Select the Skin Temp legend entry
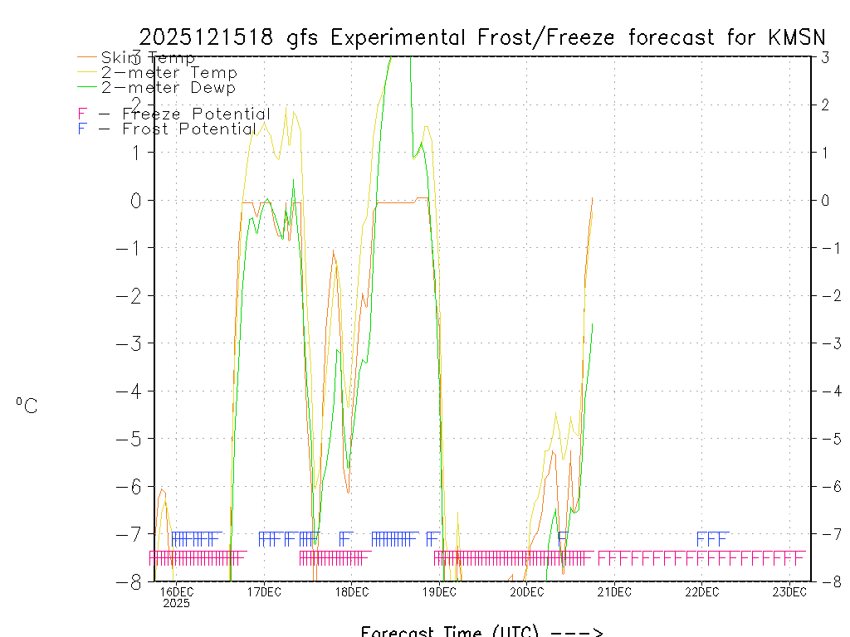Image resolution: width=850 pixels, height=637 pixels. click(x=148, y=58)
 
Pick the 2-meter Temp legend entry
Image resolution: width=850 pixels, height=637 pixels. click(x=169, y=73)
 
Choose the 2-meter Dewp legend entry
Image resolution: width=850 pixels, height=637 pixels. click(x=169, y=87)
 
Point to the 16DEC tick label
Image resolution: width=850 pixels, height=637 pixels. click(x=176, y=591)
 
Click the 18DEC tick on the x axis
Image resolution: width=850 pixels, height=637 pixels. click(x=351, y=591)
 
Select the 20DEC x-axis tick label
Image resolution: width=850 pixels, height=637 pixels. click(x=526, y=591)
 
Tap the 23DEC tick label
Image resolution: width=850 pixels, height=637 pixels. click(x=789, y=591)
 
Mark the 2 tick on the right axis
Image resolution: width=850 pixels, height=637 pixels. click(x=826, y=105)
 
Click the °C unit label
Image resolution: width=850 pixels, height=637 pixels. click(x=27, y=406)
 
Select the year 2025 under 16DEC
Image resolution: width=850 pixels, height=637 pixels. click(x=176, y=603)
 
